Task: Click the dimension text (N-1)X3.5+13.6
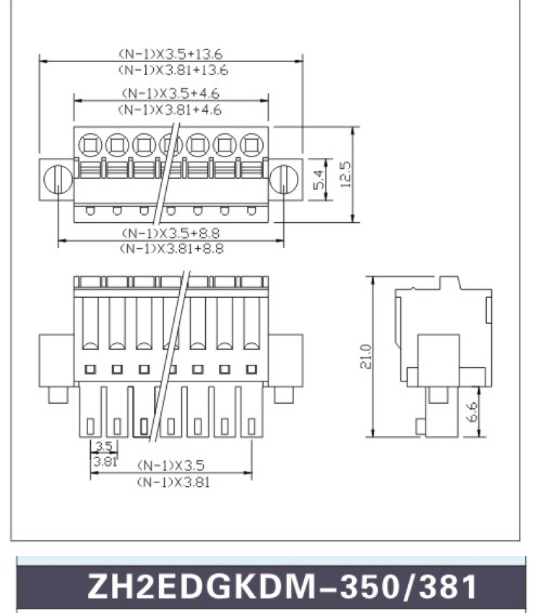tap(170, 53)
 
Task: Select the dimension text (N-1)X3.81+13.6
tap(173, 70)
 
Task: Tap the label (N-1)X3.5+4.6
tap(170, 93)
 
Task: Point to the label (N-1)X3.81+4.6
tap(170, 110)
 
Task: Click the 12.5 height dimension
tap(346, 175)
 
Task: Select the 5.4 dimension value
tap(319, 180)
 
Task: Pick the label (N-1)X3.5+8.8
tap(171, 233)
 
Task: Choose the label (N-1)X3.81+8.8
tap(171, 249)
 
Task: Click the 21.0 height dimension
tap(365, 356)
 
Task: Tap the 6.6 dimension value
tap(472, 412)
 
